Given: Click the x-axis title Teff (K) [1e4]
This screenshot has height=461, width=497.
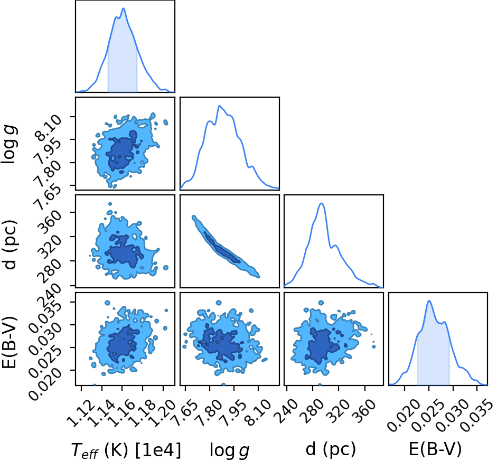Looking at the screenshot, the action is [x=126, y=449].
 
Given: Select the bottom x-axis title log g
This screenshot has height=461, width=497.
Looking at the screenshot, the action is [x=229, y=450].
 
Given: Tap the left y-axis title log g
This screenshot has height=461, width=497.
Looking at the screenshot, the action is [x=9, y=145].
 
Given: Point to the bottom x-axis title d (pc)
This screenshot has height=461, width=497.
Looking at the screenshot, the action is [x=331, y=449].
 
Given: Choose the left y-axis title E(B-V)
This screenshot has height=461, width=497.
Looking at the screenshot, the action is [x=9, y=343].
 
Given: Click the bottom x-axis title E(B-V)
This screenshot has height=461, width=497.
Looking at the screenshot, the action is [x=435, y=449].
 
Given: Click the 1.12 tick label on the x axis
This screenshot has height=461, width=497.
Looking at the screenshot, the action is [x=81, y=413].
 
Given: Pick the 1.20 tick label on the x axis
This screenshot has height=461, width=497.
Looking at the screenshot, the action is [x=163, y=413].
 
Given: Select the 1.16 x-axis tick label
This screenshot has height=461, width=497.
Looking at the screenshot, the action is [x=122, y=413].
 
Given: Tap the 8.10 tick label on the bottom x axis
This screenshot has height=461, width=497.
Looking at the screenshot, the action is [x=259, y=413].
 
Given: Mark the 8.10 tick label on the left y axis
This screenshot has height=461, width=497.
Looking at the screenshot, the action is [x=48, y=128].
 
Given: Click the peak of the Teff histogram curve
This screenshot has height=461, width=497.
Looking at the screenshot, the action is [x=123, y=8].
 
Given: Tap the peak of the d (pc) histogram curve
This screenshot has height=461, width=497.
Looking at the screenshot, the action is [x=322, y=203].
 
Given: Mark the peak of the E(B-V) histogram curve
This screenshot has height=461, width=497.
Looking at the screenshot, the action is [x=429, y=301].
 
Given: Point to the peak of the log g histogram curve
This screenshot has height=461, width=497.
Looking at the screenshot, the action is [x=219, y=106].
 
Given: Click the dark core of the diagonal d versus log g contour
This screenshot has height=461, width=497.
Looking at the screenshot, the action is [x=222, y=248].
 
